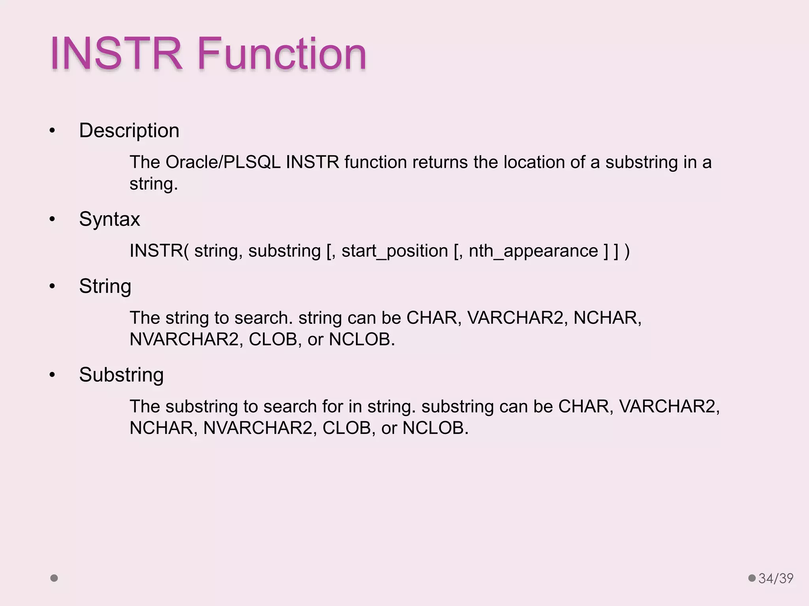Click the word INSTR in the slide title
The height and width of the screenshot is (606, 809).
[x=116, y=54]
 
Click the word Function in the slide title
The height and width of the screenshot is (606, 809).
[x=282, y=54]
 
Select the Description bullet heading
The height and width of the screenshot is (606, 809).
[x=129, y=131]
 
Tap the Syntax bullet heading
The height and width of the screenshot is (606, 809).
[x=109, y=219]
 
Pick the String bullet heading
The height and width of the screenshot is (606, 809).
[x=105, y=286]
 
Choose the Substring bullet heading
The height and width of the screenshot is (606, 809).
[x=121, y=375]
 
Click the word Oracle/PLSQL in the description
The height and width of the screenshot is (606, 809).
[x=223, y=162]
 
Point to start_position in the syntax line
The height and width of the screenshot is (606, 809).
[x=394, y=251]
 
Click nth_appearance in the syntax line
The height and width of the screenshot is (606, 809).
[x=533, y=251]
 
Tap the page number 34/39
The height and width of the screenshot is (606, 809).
[x=775, y=578]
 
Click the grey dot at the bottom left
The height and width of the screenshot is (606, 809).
[x=54, y=578]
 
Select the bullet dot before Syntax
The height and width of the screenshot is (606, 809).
[x=52, y=220]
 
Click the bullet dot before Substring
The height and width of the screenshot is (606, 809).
[x=52, y=375]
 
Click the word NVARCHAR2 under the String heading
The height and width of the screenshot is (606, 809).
[x=184, y=339]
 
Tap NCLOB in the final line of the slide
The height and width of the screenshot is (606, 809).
[x=435, y=428]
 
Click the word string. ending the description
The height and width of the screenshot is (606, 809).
[x=154, y=184]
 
